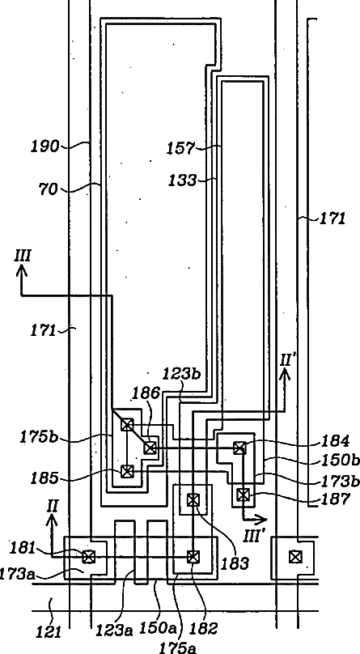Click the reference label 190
(x=45, y=146)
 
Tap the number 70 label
(x=48, y=189)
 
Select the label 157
(x=180, y=148)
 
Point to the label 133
(x=182, y=180)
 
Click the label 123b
(x=181, y=374)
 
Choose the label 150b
(x=340, y=460)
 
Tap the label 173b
(x=340, y=481)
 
